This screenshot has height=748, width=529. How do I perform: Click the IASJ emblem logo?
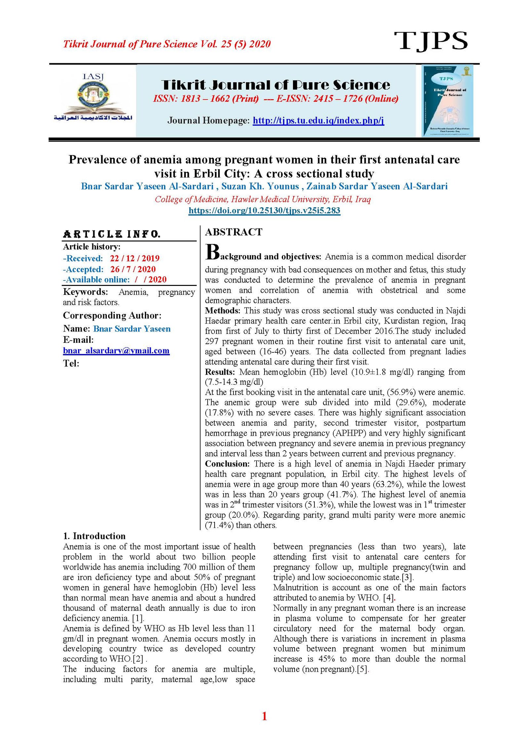[x=93, y=98]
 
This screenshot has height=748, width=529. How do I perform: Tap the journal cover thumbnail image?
[x=447, y=101]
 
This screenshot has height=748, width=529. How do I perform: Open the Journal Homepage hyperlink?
[x=318, y=120]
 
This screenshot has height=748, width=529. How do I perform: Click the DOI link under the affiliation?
[x=264, y=211]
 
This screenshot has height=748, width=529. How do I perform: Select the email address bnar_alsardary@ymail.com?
[x=116, y=351]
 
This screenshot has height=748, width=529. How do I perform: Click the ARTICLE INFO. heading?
[x=112, y=234]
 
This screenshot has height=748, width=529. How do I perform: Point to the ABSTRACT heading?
[x=233, y=232]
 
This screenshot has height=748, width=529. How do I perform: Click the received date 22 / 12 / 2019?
[x=135, y=258]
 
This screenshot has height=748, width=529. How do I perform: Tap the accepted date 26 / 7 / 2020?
[x=133, y=269]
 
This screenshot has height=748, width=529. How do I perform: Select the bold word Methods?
[x=223, y=311]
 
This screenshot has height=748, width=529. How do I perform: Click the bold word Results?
[x=220, y=372]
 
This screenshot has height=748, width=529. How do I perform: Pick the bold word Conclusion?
[x=227, y=464]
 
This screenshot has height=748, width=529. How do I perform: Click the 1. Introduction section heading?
[x=94, y=536]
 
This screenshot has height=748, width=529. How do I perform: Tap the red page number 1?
[x=264, y=716]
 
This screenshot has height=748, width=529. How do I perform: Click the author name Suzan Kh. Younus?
[x=260, y=186]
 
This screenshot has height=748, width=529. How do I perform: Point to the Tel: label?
[x=71, y=364]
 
